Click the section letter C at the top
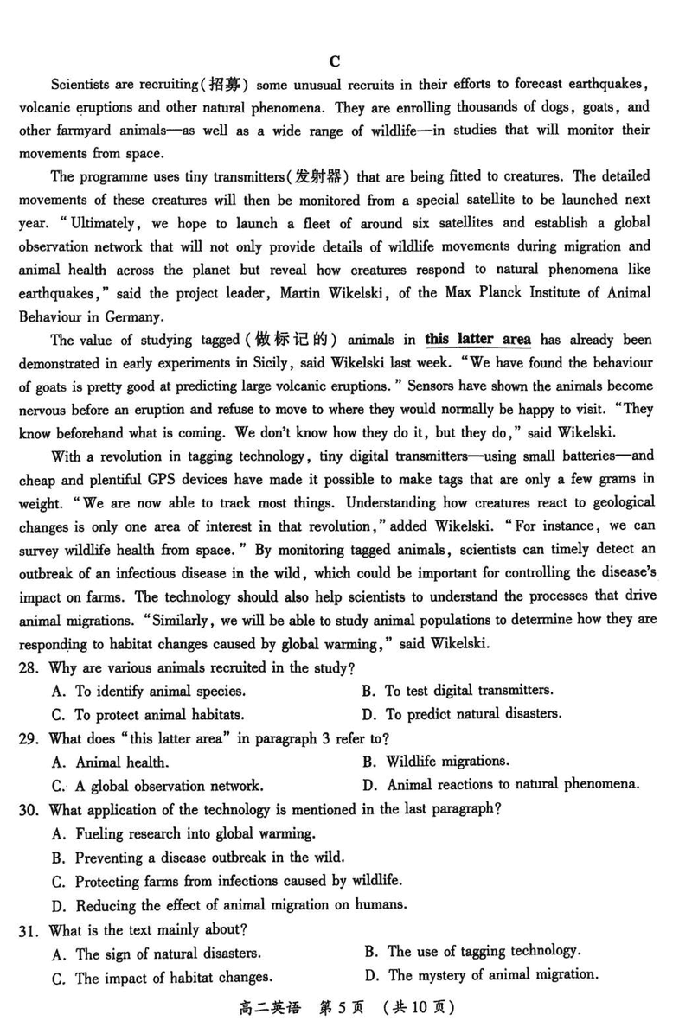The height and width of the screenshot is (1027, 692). pos(336,61)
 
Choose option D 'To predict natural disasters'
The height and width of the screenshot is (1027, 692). pos(473,714)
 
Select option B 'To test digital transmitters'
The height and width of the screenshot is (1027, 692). pos(468,690)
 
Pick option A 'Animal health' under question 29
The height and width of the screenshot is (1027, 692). pos(121,762)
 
